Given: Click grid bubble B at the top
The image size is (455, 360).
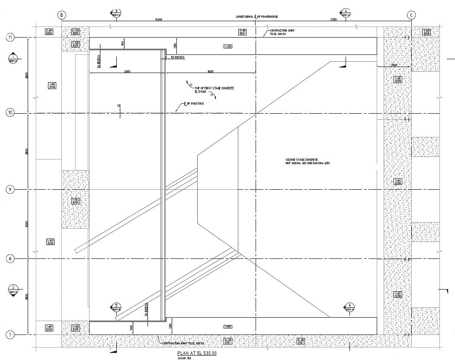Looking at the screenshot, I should point(62,15).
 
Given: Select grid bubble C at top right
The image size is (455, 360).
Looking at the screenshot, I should point(411,15).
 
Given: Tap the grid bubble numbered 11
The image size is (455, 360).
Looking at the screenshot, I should point(10,38).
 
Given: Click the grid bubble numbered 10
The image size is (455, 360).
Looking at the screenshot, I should point(10,113).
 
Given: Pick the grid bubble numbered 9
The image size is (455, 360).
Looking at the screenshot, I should point(10,190).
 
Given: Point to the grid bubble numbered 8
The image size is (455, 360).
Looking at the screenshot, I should point(10,259).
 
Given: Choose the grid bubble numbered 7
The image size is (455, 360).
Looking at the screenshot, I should point(10,335).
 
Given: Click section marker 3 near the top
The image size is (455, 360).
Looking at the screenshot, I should point(116,13).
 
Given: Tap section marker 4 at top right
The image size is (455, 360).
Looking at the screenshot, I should point(346,13).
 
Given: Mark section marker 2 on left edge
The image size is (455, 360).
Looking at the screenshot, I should point(13,290).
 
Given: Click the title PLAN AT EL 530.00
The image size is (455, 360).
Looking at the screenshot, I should point(194,354).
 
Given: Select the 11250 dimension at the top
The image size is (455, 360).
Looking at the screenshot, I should point(333,19).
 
